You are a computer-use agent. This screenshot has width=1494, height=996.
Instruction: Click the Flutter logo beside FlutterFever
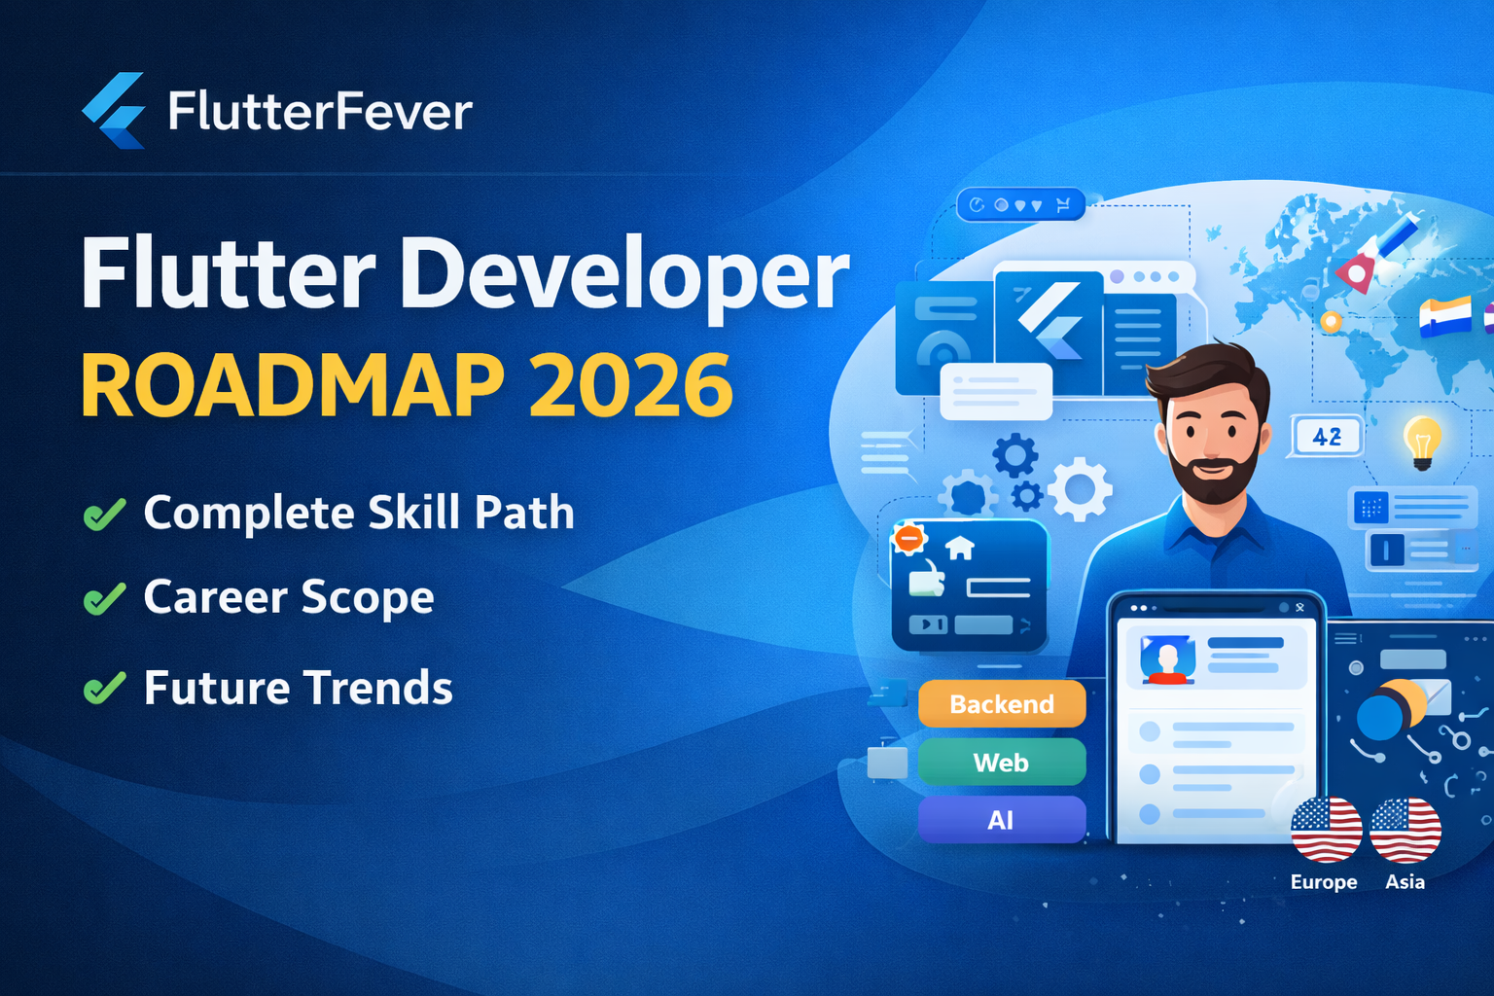(x=114, y=110)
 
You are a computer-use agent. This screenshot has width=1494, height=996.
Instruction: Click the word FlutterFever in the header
(x=320, y=111)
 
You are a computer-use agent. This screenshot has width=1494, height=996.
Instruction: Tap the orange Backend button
(x=1002, y=704)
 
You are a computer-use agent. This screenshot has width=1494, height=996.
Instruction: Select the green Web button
(x=1002, y=762)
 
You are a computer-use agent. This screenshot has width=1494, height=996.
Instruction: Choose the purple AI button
(x=1002, y=820)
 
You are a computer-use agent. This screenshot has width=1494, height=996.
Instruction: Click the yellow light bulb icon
(x=1423, y=443)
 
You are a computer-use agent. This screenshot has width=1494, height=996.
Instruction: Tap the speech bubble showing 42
(x=1326, y=437)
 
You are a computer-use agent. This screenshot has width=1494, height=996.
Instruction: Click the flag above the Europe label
(x=1326, y=830)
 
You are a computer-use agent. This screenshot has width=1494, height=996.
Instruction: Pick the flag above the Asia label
(x=1405, y=830)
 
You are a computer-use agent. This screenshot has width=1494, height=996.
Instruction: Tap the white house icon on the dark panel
(x=960, y=548)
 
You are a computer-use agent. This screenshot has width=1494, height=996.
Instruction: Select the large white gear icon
(x=1080, y=489)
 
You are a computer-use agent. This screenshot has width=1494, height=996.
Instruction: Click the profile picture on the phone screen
(x=1167, y=659)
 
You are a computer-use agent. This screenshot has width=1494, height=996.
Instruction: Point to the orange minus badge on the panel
(x=908, y=538)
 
